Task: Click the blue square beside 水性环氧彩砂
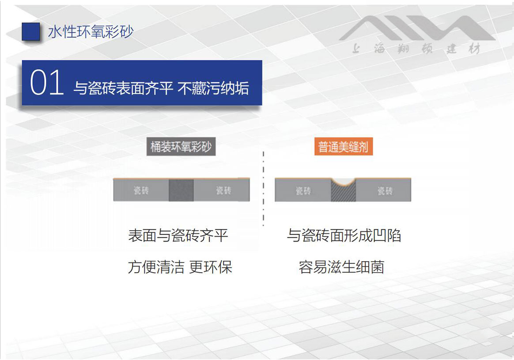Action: (31, 31)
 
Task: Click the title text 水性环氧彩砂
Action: (91, 32)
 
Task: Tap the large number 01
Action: (46, 82)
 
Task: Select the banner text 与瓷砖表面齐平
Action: (123, 88)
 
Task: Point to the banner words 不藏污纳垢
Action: (213, 88)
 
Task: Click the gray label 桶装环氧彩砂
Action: (181, 146)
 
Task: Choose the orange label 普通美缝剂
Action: (344, 146)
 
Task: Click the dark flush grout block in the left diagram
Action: (181, 190)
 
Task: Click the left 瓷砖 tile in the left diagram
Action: (141, 190)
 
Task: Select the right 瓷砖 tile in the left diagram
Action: (222, 190)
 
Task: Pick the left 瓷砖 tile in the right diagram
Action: (303, 190)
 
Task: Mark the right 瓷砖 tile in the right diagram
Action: (384, 190)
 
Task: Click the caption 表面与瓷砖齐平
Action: (178, 236)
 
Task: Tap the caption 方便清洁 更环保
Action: (180, 267)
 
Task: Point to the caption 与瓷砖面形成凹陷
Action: (344, 236)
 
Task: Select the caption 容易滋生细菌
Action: (342, 267)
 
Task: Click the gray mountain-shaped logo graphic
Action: (417, 28)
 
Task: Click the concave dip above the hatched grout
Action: (343, 182)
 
